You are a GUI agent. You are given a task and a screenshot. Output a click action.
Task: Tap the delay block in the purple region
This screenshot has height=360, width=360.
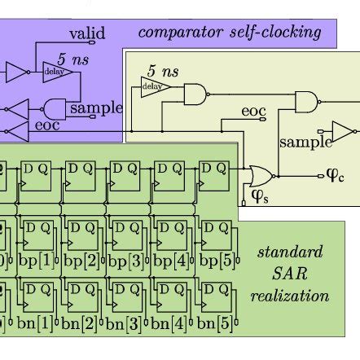[58, 73]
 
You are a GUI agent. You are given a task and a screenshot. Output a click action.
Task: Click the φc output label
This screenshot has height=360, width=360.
[335, 175]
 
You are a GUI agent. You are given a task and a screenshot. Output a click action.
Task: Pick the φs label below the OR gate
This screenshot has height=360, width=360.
[259, 196]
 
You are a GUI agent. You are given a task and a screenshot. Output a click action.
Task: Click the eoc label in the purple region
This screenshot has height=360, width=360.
[46, 126]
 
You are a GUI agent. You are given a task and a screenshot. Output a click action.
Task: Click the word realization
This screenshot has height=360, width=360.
[290, 296]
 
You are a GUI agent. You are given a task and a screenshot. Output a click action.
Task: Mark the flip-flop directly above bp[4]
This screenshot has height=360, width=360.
[169, 235]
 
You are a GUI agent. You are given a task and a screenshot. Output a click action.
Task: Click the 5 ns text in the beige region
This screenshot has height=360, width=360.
[164, 72]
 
